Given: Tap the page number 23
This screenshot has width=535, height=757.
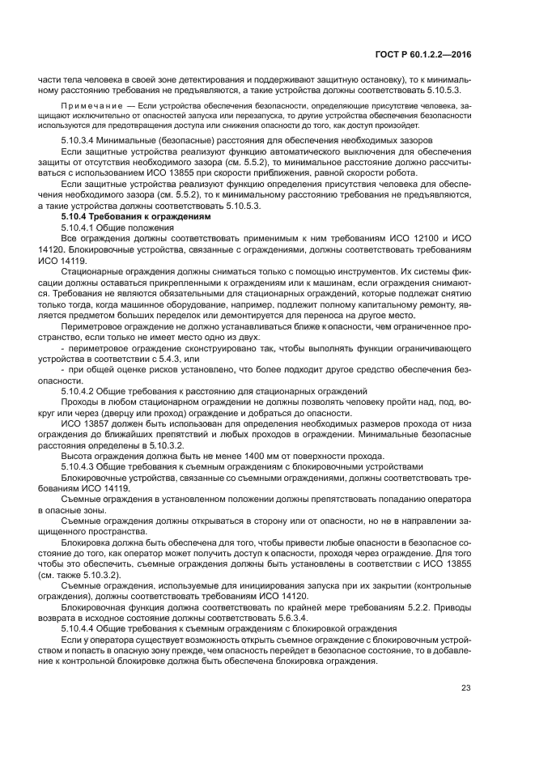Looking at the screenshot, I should tap(465, 688).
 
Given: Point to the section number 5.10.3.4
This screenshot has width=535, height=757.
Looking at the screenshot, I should tap(81, 141).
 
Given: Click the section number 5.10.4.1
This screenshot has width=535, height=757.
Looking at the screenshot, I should tap(81, 229).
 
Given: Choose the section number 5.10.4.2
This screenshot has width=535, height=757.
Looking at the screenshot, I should tap(81, 391).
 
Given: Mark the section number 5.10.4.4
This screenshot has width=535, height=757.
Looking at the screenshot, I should tap(81, 628).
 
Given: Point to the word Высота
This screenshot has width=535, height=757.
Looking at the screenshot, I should tap(77, 456).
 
